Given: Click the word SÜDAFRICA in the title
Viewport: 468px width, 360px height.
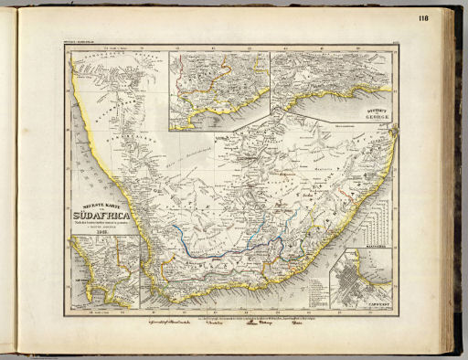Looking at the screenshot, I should (x=100, y=215).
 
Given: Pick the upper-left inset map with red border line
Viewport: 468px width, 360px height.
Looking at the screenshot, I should (x=218, y=87).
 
